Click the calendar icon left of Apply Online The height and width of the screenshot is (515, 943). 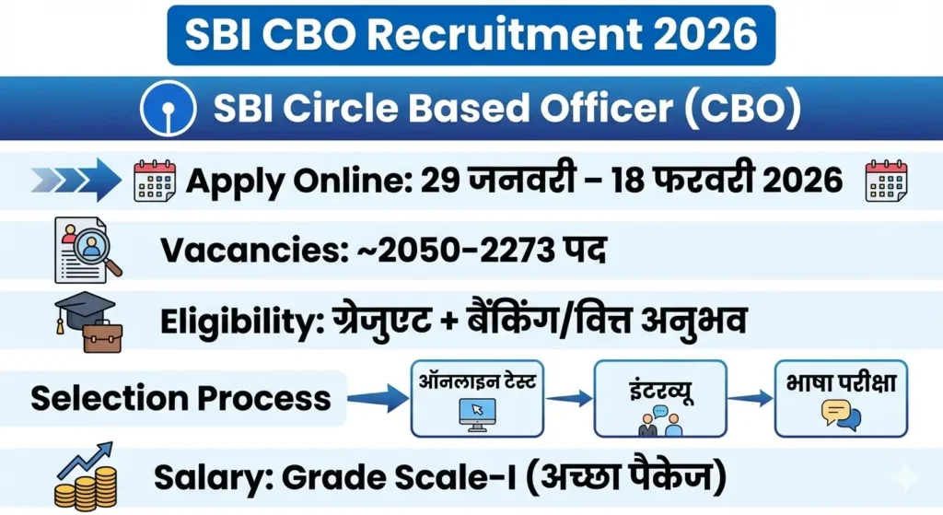[155, 181]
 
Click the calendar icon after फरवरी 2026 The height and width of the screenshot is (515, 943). [886, 181]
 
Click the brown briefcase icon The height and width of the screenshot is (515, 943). [101, 337]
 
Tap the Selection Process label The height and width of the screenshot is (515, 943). [180, 398]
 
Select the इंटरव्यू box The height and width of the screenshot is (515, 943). [659, 398]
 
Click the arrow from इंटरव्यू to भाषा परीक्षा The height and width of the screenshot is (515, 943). [750, 398]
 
